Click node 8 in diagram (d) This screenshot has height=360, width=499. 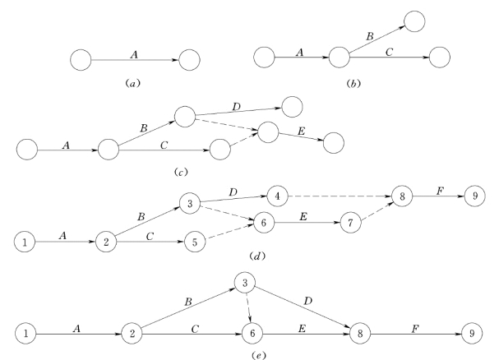(404, 197)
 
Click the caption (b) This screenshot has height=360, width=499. (354, 82)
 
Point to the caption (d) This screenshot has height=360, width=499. (259, 257)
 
